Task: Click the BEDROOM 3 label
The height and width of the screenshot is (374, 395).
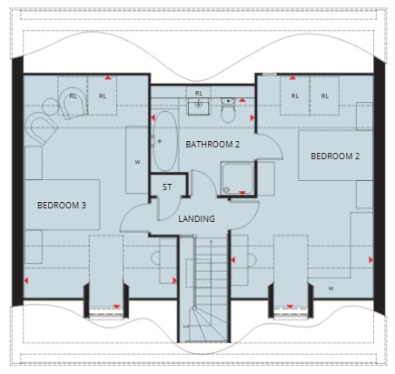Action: point(62,206)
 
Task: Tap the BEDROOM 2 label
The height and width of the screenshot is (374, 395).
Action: point(335,157)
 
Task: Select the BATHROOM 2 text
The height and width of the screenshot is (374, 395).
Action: point(212,145)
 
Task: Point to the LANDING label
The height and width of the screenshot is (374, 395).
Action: point(196,218)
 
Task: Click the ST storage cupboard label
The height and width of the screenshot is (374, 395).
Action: point(167,187)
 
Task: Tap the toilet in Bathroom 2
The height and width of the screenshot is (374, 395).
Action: point(228,109)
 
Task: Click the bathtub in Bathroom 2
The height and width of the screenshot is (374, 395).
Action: point(164,142)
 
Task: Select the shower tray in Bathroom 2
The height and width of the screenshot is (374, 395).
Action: point(237,178)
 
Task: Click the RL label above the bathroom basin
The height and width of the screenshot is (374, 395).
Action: point(199,94)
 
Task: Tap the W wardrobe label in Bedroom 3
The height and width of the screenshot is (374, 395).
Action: point(137,162)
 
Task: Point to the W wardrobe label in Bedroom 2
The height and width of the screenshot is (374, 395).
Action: point(331,288)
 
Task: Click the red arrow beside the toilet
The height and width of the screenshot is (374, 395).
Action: point(242,100)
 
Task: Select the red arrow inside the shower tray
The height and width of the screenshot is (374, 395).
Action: point(242,193)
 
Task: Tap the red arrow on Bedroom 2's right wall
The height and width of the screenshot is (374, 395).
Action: point(370,259)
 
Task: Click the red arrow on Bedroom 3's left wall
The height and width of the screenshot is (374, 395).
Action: point(26,281)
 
